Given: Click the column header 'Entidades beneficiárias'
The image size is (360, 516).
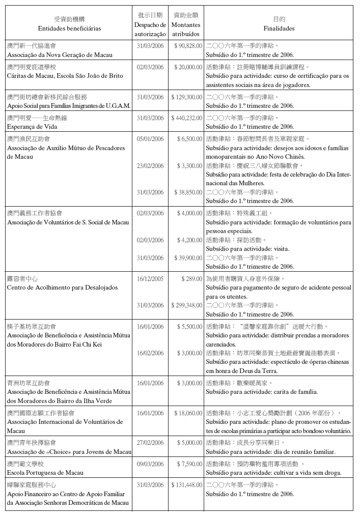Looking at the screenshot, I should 69,28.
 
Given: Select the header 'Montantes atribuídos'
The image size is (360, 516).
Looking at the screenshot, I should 186,29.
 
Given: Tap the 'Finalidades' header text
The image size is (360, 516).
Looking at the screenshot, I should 279,28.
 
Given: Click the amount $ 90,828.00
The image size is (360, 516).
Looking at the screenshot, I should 188,46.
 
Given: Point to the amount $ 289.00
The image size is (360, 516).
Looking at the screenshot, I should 192,279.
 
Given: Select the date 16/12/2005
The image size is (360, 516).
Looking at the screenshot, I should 150,279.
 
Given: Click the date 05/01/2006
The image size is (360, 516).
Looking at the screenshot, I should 150,138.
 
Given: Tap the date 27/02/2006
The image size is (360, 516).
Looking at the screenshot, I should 150,443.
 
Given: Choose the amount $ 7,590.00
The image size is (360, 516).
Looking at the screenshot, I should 189,464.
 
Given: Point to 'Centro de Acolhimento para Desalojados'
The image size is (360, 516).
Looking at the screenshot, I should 62,288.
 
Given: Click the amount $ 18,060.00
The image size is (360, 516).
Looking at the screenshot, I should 188,413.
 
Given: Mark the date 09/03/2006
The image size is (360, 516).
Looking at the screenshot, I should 150,464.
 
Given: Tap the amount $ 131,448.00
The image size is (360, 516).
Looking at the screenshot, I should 186,485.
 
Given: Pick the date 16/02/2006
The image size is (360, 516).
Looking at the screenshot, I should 150,353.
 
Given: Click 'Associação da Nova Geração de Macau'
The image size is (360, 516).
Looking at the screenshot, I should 60,55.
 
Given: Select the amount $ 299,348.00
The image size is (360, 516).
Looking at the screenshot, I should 186,305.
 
